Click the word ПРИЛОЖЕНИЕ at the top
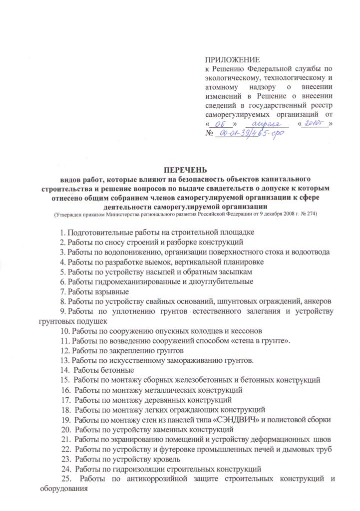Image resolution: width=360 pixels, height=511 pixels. click(229, 59)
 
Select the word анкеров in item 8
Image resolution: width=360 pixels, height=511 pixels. click(317, 301)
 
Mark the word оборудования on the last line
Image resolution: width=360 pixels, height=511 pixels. click(64, 489)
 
